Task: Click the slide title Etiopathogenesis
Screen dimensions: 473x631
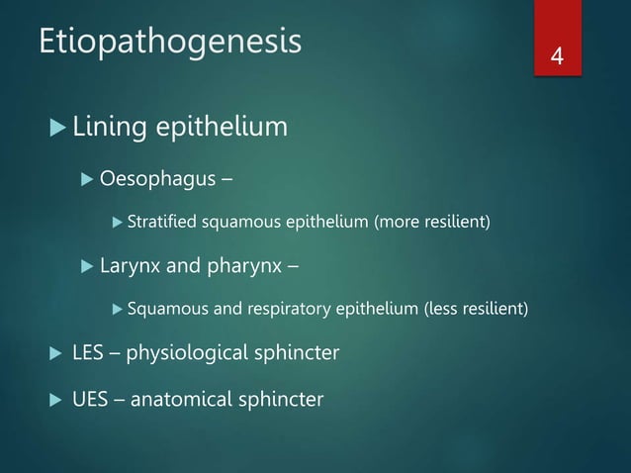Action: pyautogui.click(x=169, y=43)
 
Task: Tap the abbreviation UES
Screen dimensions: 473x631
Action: pyautogui.click(x=89, y=399)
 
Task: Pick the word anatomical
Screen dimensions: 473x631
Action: pyautogui.click(x=186, y=399)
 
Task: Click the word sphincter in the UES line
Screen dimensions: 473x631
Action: pyautogui.click(x=281, y=399)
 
